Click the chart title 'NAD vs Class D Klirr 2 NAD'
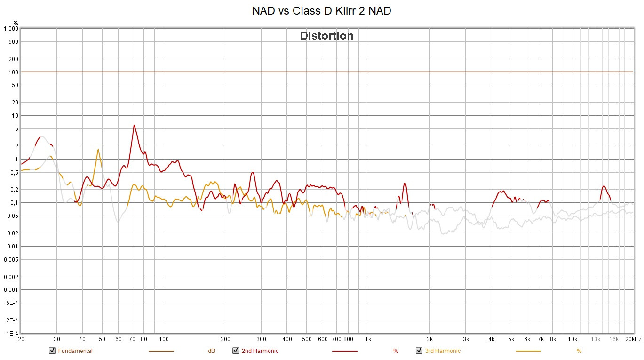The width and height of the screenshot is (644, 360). click(x=321, y=11)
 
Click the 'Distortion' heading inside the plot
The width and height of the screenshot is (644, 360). click(x=326, y=36)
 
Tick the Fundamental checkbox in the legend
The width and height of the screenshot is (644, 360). click(x=52, y=351)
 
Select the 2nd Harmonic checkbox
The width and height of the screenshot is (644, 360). click(x=236, y=351)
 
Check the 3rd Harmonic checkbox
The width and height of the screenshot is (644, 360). click(x=419, y=351)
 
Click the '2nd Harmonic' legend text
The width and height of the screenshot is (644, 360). click(x=260, y=351)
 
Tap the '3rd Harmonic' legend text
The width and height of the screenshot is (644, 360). click(x=443, y=351)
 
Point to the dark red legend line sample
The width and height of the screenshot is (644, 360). click(x=344, y=351)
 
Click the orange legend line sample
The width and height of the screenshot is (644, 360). click(x=528, y=351)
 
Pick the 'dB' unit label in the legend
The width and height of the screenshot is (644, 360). click(x=211, y=351)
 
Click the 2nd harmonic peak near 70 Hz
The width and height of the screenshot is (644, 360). click(x=134, y=125)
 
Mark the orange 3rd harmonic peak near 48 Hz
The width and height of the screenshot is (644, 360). click(x=98, y=150)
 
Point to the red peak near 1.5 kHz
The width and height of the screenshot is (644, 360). click(x=405, y=183)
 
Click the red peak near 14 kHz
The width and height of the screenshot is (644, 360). click(x=604, y=186)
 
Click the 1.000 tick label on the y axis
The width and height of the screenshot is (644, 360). click(x=10, y=29)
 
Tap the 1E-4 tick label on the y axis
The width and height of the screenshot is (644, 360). click(x=11, y=333)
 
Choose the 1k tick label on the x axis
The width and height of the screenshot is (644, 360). click(x=368, y=339)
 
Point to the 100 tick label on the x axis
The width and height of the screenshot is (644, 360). click(x=164, y=339)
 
